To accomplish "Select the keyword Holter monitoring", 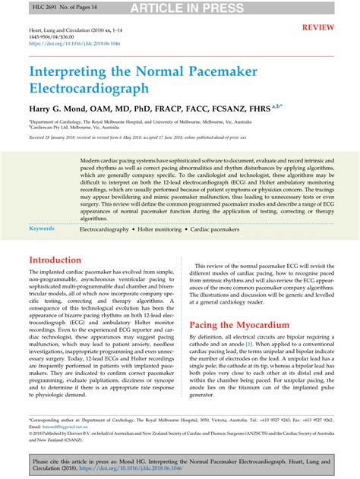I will click(155, 228).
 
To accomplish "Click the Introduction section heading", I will click(59, 260).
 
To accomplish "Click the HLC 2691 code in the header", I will click(24, 7).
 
